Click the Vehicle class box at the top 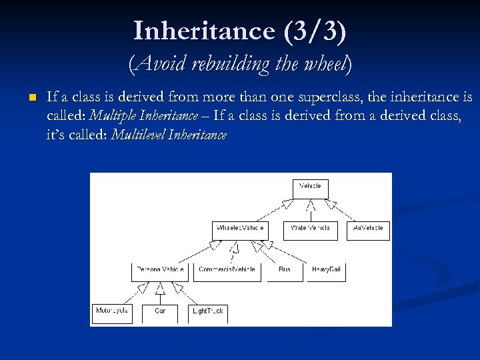[311, 189]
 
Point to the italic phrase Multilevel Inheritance [169, 135]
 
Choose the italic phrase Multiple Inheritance [143, 116]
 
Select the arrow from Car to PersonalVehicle [160, 293]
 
